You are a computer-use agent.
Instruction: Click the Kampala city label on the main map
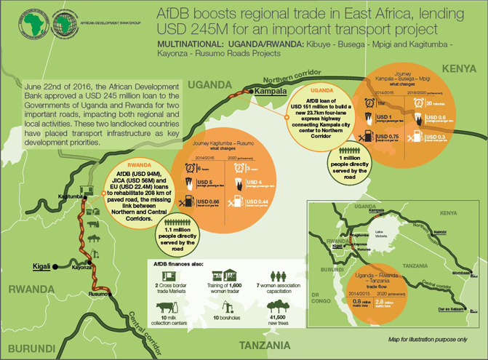271,91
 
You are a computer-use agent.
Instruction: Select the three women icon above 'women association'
276,277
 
